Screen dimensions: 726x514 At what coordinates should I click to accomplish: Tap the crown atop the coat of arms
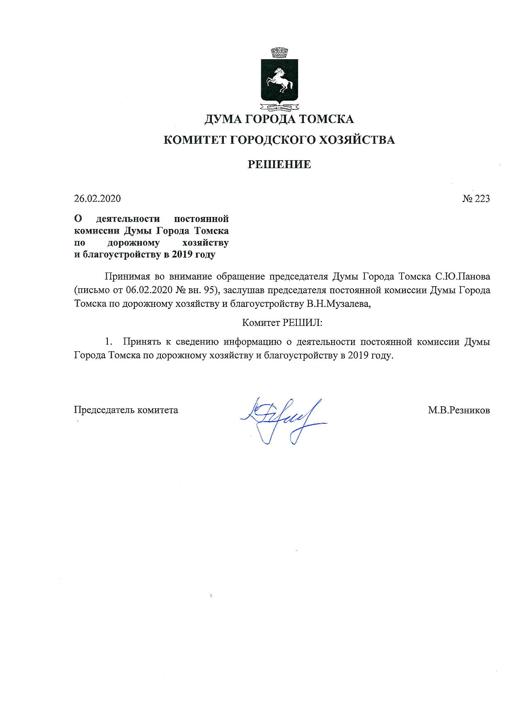(279, 53)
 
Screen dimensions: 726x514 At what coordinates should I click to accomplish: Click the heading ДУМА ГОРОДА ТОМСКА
(279, 119)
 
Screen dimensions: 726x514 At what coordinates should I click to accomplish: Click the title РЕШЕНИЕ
(279, 164)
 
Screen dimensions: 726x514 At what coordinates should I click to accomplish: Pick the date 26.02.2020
(97, 199)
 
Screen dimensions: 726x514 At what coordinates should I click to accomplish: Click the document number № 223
(476, 199)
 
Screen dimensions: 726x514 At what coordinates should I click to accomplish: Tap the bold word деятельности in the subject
(128, 219)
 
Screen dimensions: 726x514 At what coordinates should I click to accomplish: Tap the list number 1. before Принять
(109, 342)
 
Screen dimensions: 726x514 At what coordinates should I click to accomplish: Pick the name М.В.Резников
(459, 410)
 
